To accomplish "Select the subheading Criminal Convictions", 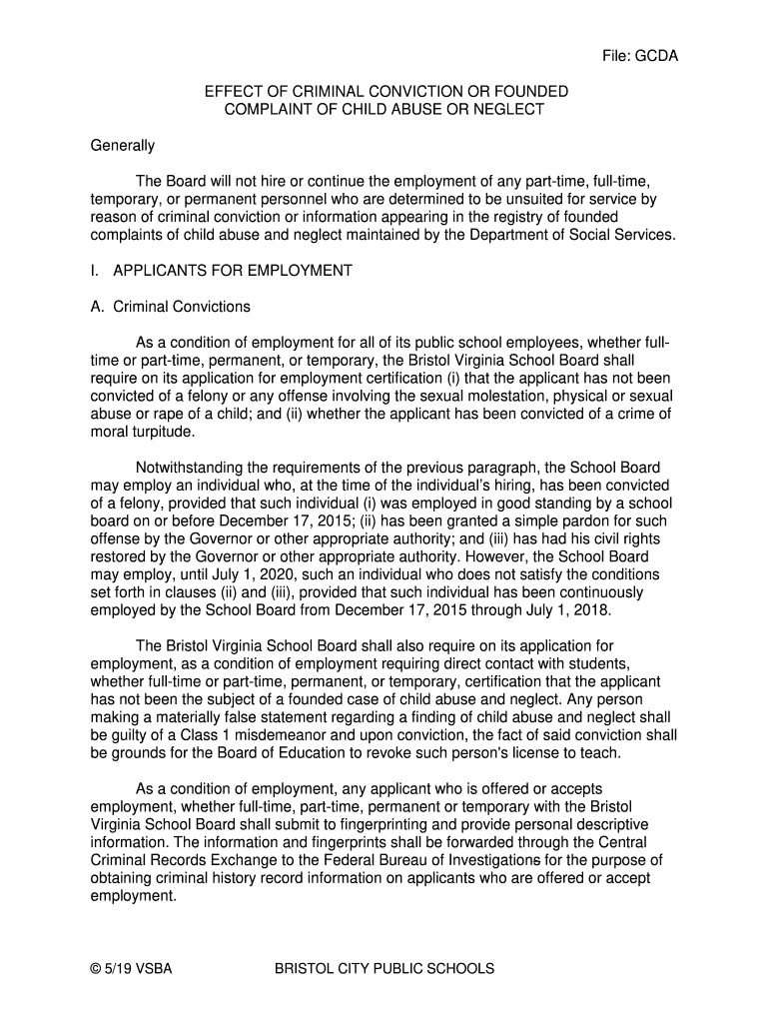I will pos(182,306).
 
